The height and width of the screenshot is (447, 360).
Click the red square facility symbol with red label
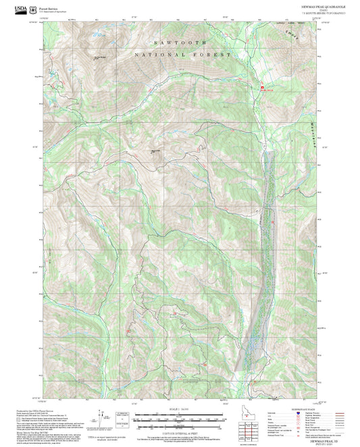tap(261, 87)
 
